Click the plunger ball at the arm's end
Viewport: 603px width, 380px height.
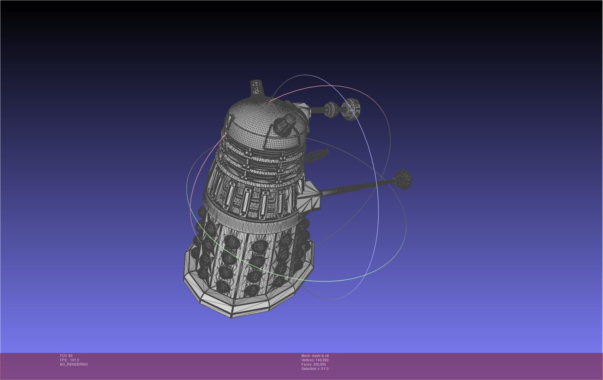coord(404,179)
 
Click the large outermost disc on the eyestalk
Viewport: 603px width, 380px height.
coord(351,109)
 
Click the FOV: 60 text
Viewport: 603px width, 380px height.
coord(66,356)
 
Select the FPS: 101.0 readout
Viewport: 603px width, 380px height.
coord(69,360)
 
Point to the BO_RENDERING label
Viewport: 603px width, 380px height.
coord(74,364)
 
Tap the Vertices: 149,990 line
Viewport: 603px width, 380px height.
coord(315,360)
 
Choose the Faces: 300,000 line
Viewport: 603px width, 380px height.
coord(314,364)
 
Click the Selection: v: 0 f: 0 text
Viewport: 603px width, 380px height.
coord(315,369)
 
